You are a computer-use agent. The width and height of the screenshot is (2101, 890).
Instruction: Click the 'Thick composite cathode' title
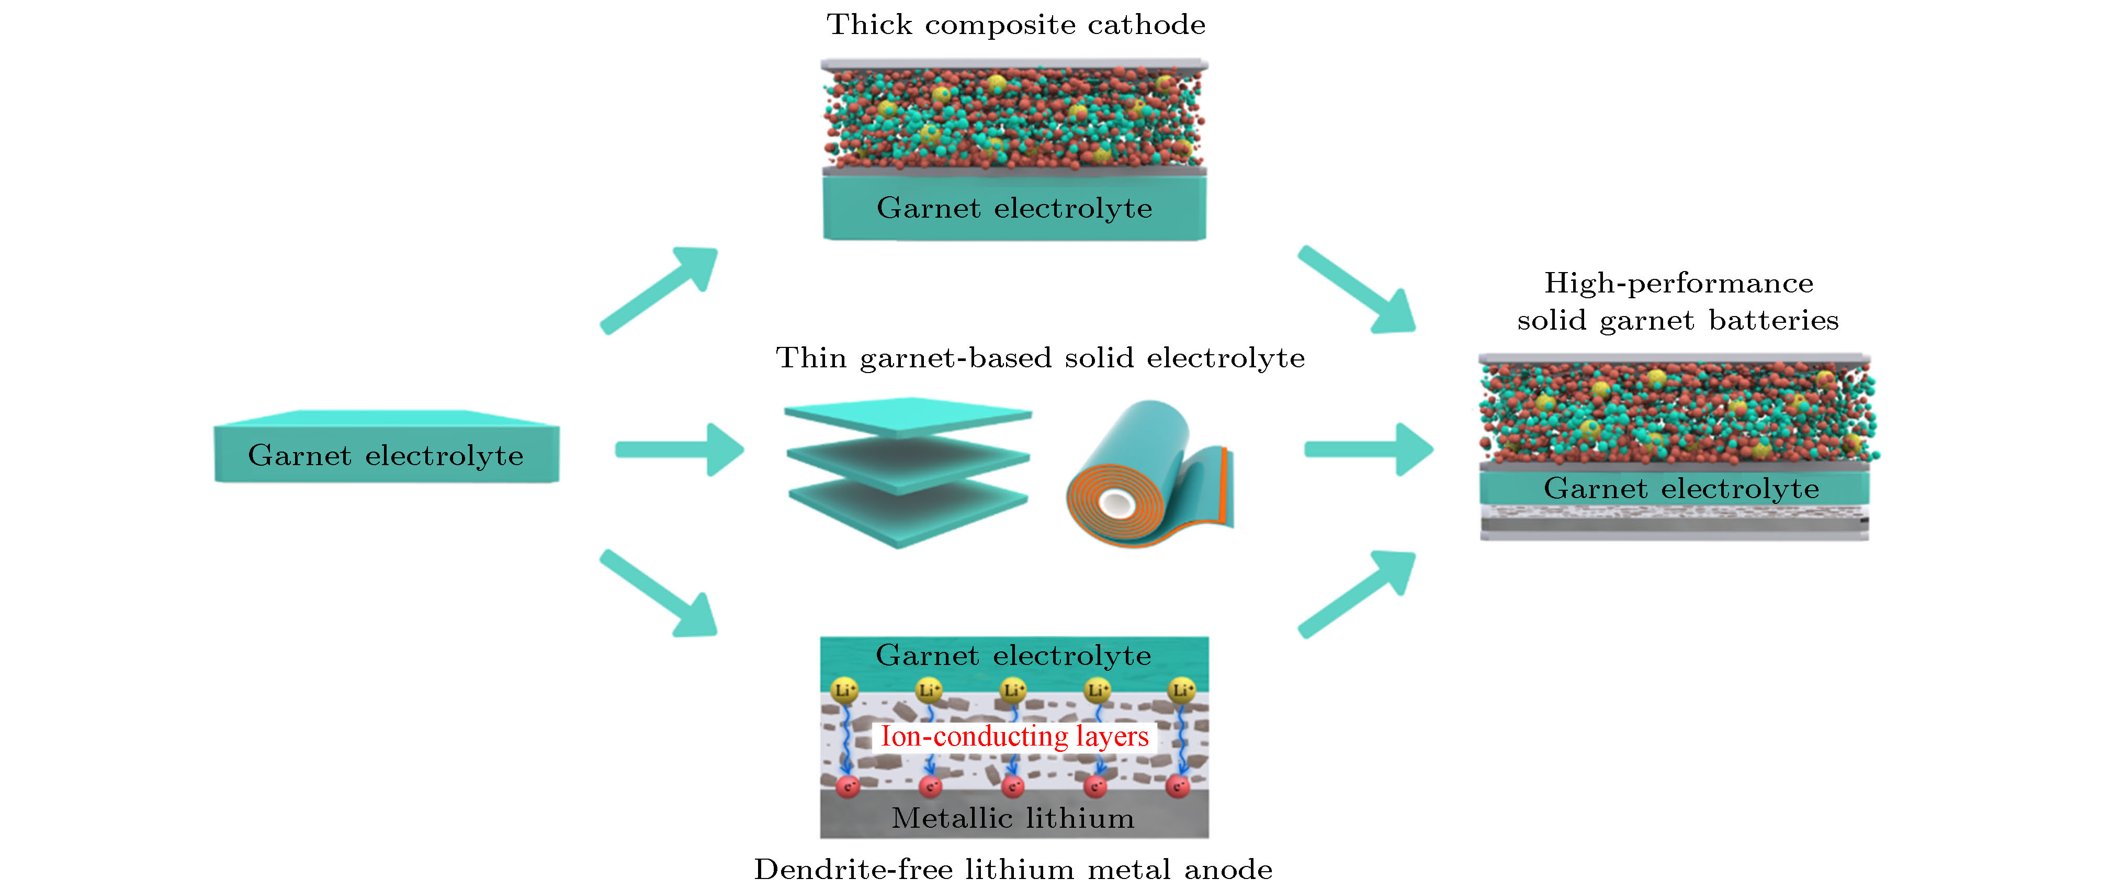click(x=1015, y=25)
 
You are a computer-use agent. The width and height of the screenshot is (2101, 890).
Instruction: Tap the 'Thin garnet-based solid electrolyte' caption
click(x=1040, y=358)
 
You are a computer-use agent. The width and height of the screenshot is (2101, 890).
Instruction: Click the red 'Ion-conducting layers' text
click(x=1014, y=737)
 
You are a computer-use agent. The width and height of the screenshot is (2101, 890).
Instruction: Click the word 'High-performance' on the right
click(x=1678, y=283)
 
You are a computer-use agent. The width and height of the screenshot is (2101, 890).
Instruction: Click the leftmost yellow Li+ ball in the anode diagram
click(x=844, y=690)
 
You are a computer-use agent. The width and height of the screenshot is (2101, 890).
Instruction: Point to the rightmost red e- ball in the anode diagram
click(x=1178, y=786)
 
